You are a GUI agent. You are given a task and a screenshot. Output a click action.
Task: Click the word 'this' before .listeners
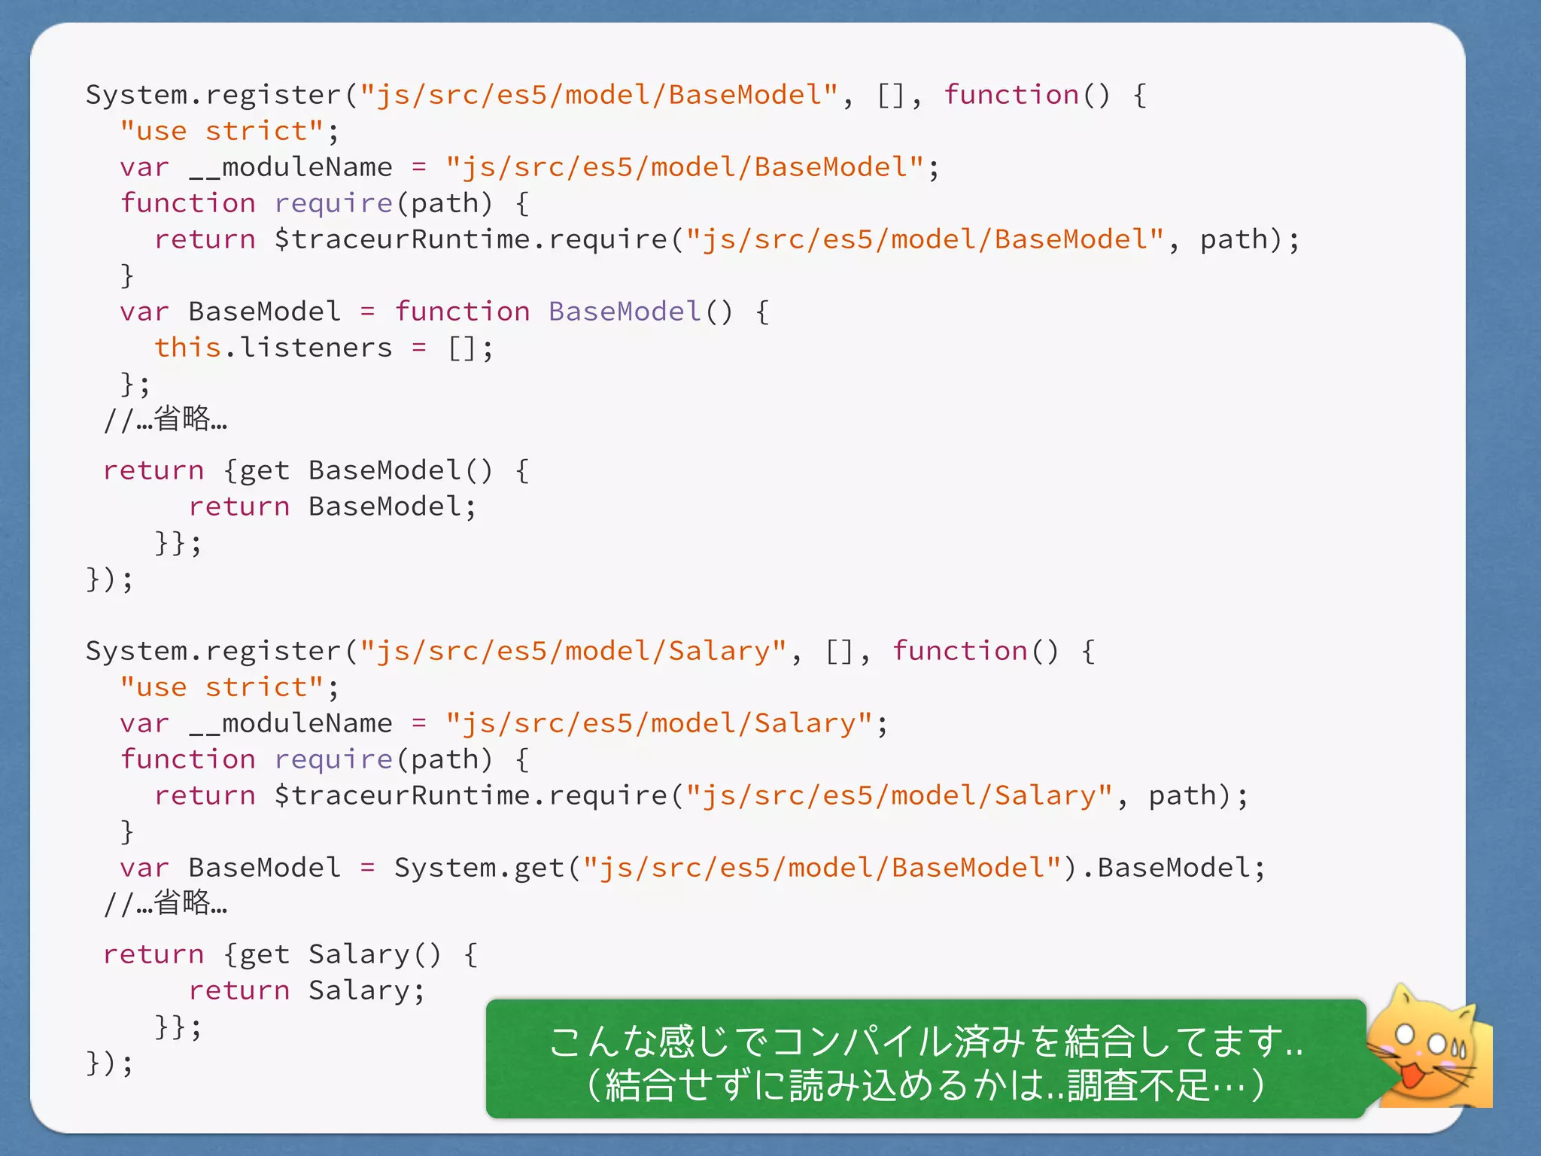187,348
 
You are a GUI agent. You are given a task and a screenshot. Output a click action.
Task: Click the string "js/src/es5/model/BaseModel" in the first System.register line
598,95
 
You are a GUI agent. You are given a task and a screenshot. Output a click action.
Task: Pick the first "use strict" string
222,131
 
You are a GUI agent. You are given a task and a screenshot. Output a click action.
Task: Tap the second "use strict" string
222,687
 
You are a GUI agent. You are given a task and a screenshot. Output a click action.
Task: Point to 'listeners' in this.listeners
317,348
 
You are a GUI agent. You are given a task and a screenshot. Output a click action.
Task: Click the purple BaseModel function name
625,312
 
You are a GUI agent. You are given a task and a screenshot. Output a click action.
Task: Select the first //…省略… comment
166,419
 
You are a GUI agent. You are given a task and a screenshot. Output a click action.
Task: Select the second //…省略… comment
166,903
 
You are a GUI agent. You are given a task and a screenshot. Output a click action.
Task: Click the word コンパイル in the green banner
861,1042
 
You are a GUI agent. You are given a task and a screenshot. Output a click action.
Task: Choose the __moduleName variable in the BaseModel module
290,167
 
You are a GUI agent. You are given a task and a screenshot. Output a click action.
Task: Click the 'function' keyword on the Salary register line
959,651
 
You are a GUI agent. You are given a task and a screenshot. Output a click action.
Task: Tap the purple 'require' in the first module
333,203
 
